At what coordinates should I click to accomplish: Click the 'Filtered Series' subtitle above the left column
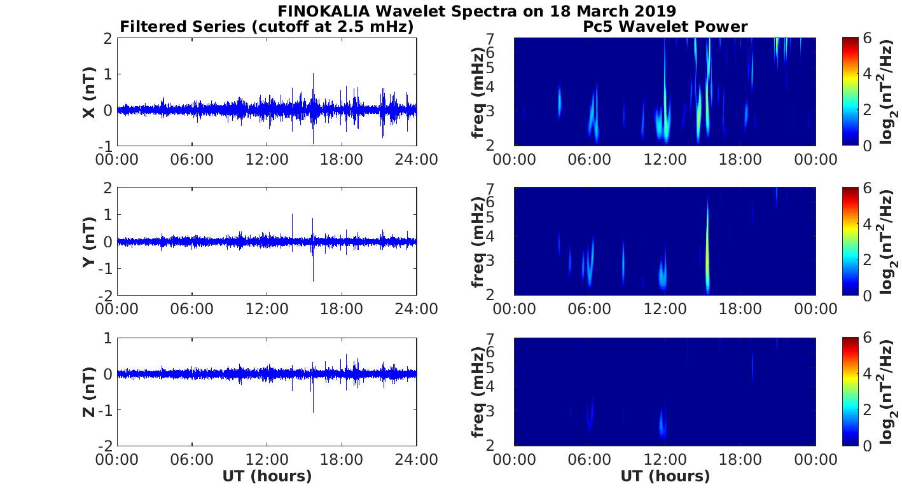pyautogui.click(x=267, y=27)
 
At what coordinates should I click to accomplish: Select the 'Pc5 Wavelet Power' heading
pyautogui.click(x=665, y=27)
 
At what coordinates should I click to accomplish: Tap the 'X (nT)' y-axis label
pyautogui.click(x=89, y=92)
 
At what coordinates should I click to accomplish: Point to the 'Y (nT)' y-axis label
pyautogui.click(x=89, y=242)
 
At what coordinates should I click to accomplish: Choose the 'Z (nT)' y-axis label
pyautogui.click(x=89, y=392)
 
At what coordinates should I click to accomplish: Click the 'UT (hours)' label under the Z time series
pyautogui.click(x=267, y=476)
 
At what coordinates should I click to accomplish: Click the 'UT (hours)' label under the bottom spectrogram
pyautogui.click(x=665, y=476)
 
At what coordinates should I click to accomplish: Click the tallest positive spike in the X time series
pyautogui.click(x=313, y=75)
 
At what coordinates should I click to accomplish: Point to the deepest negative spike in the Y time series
pyautogui.click(x=313, y=280)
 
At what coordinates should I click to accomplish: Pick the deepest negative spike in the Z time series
pyautogui.click(x=313, y=411)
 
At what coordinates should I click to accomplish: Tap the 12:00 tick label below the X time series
pyautogui.click(x=267, y=159)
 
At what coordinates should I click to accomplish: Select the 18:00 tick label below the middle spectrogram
pyautogui.click(x=740, y=309)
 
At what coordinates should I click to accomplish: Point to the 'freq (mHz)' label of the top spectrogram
pyautogui.click(x=478, y=92)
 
